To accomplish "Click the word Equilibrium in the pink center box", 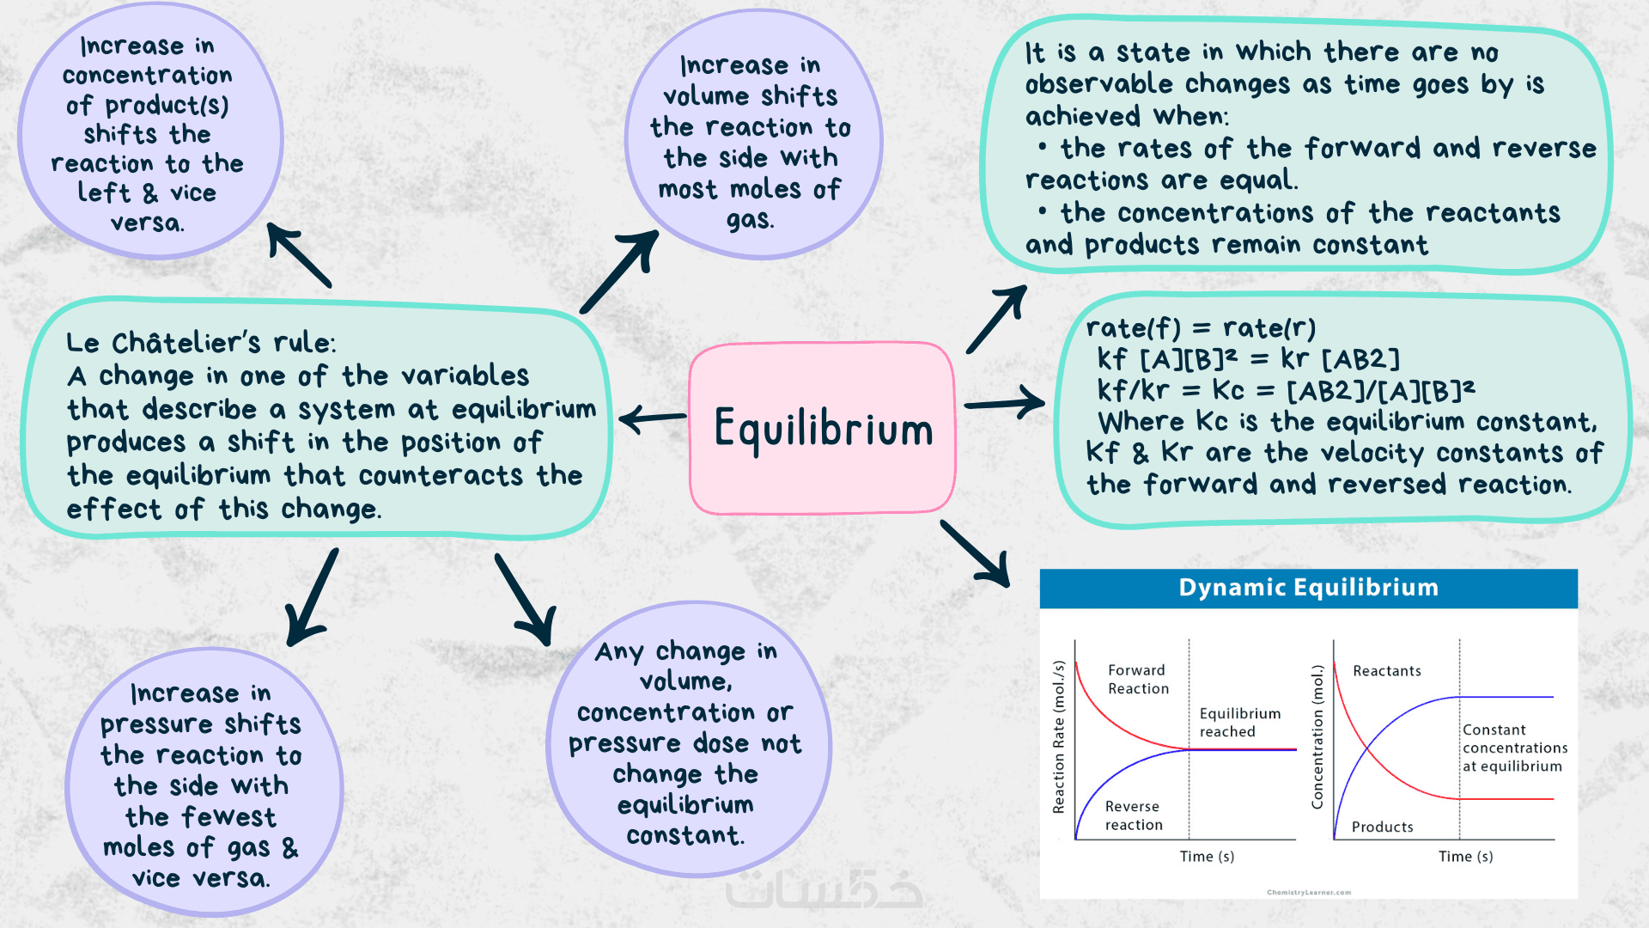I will click(823, 429).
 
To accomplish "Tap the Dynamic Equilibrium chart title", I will click(1308, 588).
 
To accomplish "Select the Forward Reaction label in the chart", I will click(1138, 679).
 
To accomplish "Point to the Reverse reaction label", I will click(1134, 815).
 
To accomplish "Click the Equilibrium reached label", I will click(1239, 723).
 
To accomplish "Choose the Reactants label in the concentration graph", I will click(1386, 671).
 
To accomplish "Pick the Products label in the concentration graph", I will click(1382, 827).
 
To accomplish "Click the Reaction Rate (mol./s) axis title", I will click(1059, 736).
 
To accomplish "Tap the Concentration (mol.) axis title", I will click(1317, 736).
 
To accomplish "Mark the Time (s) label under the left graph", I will click(1207, 857).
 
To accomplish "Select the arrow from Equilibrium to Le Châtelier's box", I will click(652, 419).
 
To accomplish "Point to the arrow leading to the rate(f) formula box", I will click(1004, 403).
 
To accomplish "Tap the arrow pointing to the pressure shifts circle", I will click(312, 598).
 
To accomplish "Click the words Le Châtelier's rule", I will click(201, 343).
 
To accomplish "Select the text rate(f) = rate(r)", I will click(1200, 328).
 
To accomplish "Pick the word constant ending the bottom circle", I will click(685, 835).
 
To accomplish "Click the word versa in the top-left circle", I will click(147, 223).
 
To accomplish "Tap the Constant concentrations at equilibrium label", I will click(1514, 748).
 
